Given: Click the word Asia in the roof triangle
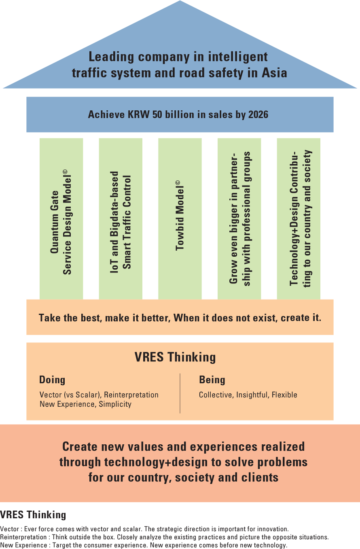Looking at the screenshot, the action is point(274,73).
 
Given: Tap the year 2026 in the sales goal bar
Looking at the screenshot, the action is point(258,114).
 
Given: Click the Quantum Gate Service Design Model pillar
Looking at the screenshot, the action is point(61,219).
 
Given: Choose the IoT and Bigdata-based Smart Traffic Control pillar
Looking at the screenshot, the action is point(121,219).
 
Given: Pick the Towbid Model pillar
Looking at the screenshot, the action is point(180,219).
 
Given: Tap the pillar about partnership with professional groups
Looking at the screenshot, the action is point(239,219).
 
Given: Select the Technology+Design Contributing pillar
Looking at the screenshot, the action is point(299,219).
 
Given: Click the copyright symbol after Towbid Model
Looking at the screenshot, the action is point(178,183).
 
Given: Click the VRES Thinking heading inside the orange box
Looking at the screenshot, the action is point(175,357).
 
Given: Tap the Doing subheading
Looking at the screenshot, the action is point(52,380).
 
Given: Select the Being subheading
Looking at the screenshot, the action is point(212,380).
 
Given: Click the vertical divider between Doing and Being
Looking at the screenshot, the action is point(180,393).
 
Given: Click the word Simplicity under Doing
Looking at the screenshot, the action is point(115,404).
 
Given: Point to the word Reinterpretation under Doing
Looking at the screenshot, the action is point(131,395).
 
